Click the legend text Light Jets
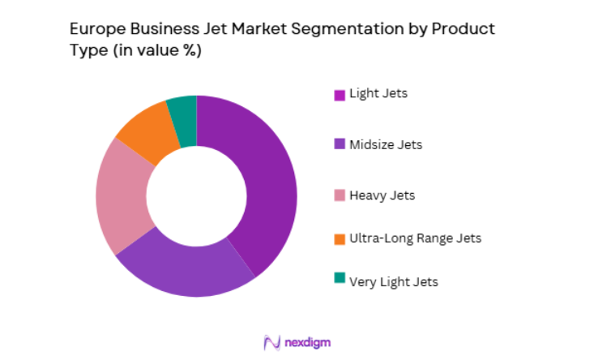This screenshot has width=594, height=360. [378, 93]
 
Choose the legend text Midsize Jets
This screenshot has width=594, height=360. [385, 145]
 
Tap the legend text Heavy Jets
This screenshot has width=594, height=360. [381, 195]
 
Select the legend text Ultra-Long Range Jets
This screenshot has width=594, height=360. [415, 238]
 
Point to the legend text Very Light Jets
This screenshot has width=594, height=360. [393, 281]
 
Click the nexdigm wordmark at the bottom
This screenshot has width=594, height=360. [307, 342]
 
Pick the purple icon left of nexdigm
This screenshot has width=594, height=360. [271, 342]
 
